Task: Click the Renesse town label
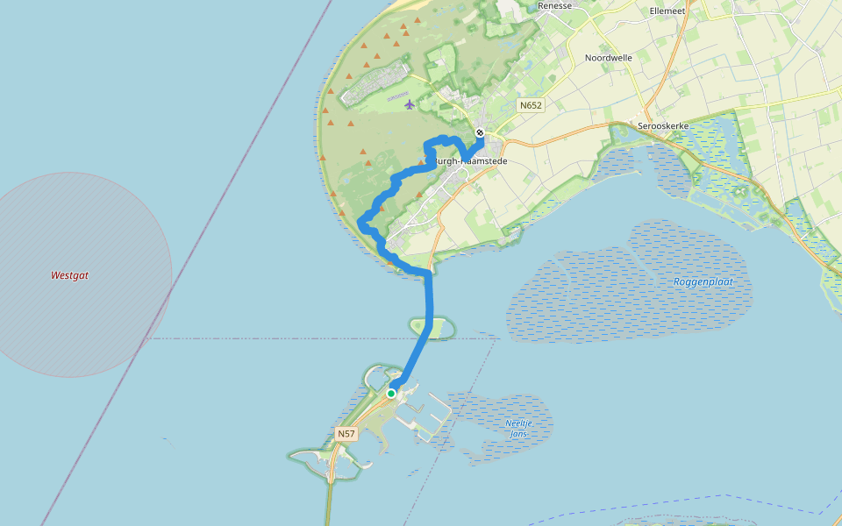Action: (554, 5)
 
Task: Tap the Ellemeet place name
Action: (667, 11)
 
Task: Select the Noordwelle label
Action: (609, 58)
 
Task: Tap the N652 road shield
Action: (531, 105)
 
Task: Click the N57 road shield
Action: (346, 433)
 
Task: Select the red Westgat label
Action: (69, 275)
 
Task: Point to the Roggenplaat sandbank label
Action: (702, 282)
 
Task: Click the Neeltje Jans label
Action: (519, 428)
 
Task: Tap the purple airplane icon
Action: (410, 105)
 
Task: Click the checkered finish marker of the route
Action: (480, 133)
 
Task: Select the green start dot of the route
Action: (391, 394)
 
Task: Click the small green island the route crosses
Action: (441, 328)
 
